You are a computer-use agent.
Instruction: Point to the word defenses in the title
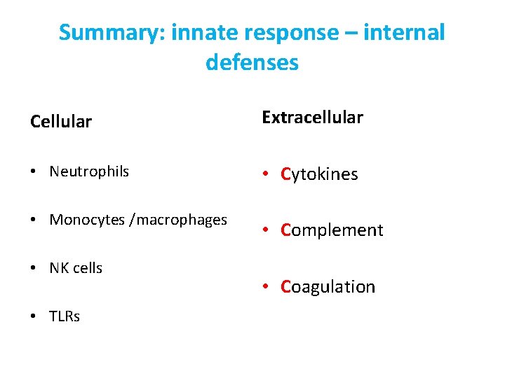[252, 63]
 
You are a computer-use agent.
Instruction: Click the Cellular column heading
[61, 122]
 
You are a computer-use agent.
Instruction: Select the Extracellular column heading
[312, 118]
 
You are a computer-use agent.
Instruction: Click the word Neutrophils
[89, 171]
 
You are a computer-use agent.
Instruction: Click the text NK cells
[76, 268]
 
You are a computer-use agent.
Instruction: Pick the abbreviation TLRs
[65, 316]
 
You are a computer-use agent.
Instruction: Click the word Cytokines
[319, 174]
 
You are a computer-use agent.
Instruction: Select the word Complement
[332, 230]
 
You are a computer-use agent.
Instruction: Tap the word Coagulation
[328, 286]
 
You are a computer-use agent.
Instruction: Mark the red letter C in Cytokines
[285, 174]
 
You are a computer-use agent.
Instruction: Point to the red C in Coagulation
[285, 286]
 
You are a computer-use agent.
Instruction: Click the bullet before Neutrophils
[34, 172]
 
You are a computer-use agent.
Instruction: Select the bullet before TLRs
[34, 317]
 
